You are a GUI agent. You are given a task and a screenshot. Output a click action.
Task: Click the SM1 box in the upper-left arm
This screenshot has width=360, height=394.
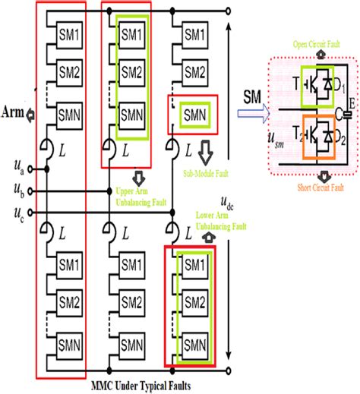tap(69, 36)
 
